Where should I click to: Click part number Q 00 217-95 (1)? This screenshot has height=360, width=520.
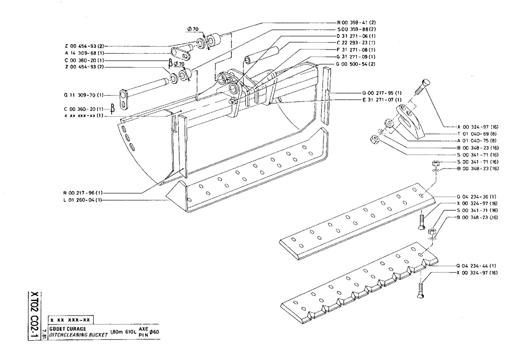[382, 93]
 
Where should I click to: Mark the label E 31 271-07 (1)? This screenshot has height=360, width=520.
[382, 99]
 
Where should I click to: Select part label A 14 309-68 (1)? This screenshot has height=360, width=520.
[85, 53]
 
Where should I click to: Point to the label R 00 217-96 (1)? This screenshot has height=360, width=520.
[85, 193]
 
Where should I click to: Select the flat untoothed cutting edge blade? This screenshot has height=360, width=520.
[359, 218]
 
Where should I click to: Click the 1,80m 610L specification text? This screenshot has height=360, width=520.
[122, 333]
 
